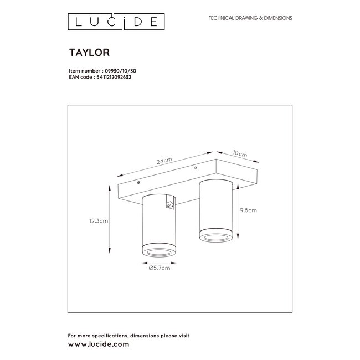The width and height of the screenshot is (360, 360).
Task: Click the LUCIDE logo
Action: point(116,22)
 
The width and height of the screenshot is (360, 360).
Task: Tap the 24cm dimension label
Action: point(164,161)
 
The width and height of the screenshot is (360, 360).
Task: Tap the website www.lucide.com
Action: point(98,344)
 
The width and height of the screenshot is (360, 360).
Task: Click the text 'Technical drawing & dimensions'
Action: point(250,18)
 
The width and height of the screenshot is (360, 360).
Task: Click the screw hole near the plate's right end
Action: point(196,168)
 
